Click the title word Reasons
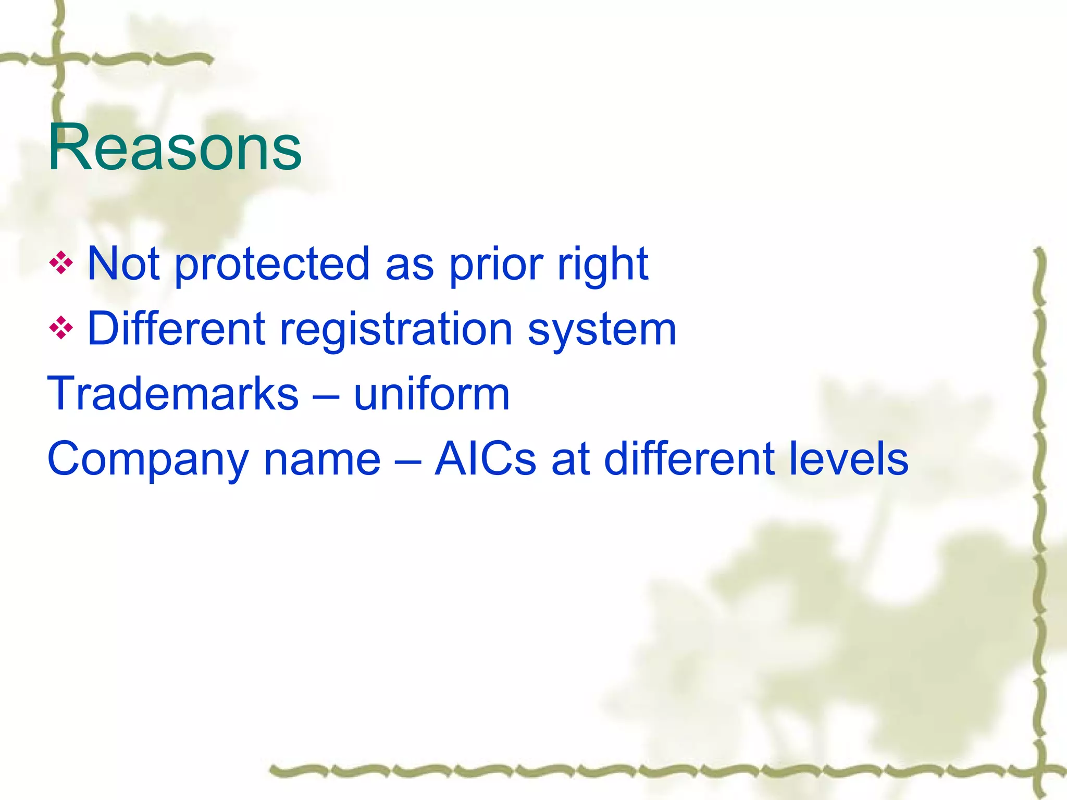coord(175,147)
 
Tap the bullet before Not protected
coord(61,263)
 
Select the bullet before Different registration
coord(61,328)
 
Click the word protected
coord(272,265)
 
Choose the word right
coord(603,265)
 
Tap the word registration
coord(396,330)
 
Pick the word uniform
coord(431,394)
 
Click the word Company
coord(148,460)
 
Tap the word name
coord(322,460)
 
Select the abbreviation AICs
coord(485,459)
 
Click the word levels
coord(849,459)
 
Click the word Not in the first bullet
coord(123,264)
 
